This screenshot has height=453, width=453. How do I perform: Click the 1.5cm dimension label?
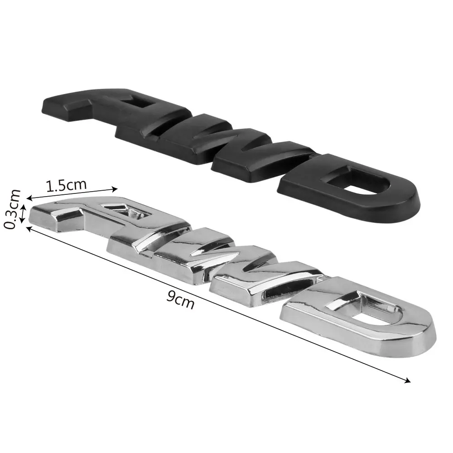(x=66, y=185)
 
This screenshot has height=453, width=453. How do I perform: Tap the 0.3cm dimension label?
(x=13, y=209)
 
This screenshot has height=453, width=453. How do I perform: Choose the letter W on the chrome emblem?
(x=214, y=260)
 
